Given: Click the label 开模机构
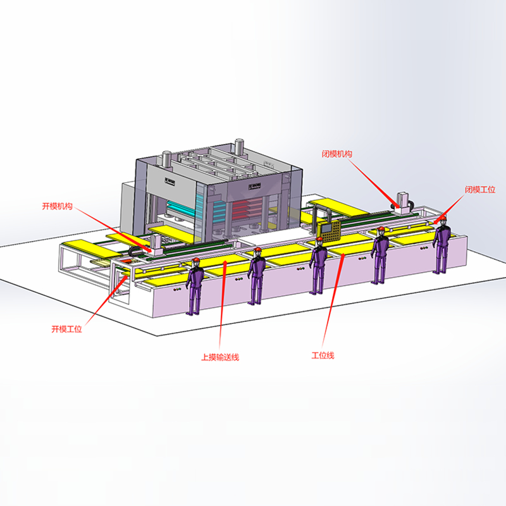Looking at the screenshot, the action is click(x=57, y=206).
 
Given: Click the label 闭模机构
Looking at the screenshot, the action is click(x=336, y=154).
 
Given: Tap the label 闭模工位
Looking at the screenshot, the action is click(x=480, y=189).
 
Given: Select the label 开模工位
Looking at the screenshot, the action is click(x=67, y=329).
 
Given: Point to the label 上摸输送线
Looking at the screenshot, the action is click(x=220, y=357).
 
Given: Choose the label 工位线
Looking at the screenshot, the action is click(x=323, y=355).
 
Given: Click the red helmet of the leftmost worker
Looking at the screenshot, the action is click(x=195, y=261).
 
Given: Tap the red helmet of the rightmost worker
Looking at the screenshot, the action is click(x=443, y=219).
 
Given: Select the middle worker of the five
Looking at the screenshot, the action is click(x=318, y=266).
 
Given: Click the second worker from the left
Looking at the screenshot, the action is click(x=257, y=276).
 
